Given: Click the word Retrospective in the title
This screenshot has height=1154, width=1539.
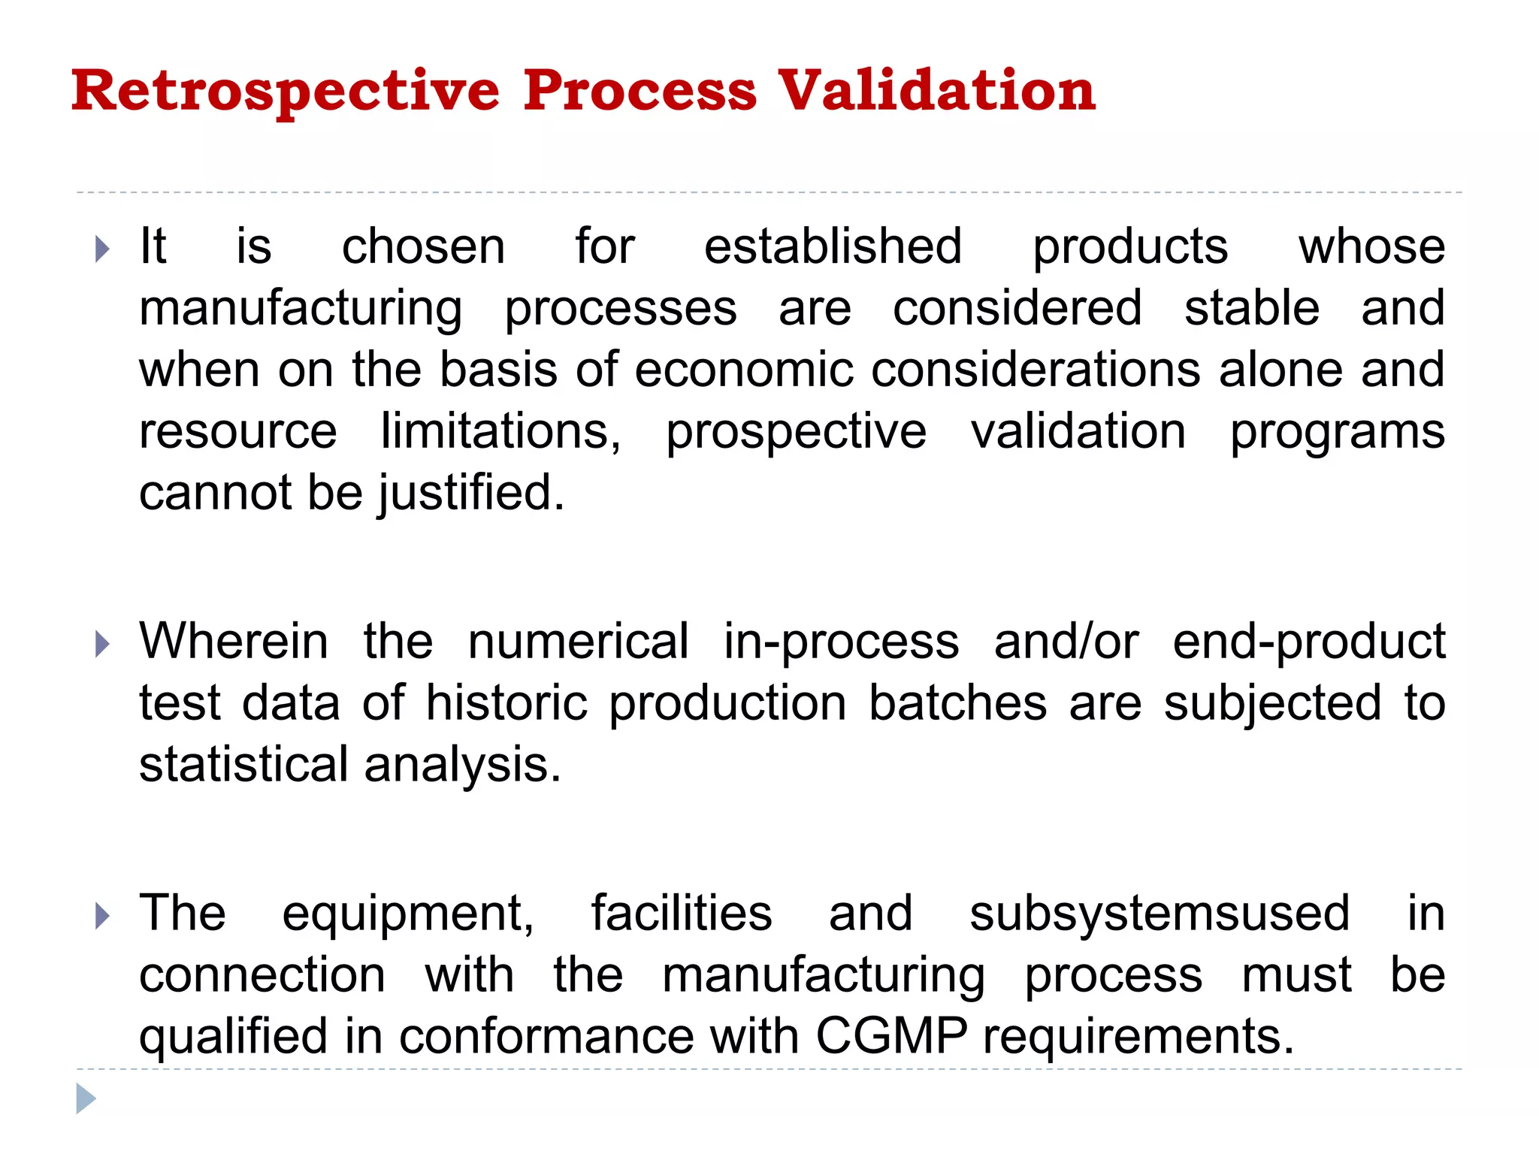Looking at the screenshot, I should (286, 92).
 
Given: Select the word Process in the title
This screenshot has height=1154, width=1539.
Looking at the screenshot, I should (639, 92).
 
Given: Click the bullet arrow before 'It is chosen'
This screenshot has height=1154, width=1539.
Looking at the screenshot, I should (103, 249).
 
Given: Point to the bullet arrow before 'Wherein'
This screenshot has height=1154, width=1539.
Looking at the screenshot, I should (103, 644).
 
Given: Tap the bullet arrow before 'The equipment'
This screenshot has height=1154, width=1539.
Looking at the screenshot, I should (103, 916).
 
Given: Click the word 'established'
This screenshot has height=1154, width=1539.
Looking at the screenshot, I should (833, 246).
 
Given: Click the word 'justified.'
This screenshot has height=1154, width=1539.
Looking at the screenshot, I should (471, 494).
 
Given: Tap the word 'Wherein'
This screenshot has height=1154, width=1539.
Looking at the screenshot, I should (234, 642).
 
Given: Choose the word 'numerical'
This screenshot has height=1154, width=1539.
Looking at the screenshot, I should (578, 642).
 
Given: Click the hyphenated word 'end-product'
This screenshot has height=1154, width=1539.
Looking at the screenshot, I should (1309, 643).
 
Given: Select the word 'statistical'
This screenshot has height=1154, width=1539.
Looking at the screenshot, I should (243, 765).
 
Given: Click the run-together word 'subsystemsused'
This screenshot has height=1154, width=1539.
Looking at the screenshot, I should (1160, 914).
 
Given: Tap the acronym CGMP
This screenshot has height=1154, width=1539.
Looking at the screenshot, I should (891, 1037).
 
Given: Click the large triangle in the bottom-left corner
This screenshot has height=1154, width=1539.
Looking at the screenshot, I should (86, 1099).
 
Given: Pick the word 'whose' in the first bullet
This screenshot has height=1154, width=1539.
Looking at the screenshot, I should (1371, 246).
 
